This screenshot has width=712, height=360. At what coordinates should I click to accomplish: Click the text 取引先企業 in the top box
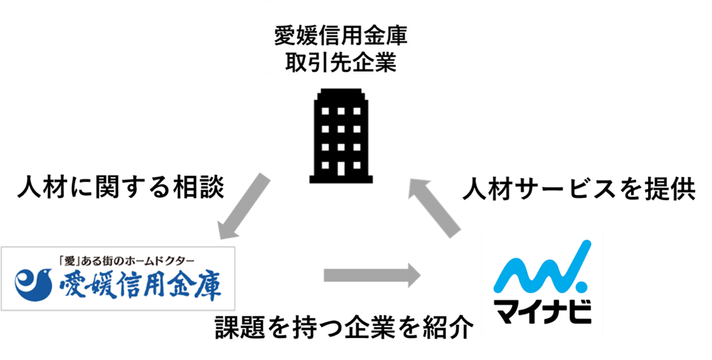point(341,62)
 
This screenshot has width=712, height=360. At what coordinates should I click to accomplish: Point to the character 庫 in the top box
point(397,37)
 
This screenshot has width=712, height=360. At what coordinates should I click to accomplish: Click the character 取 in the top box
point(295,62)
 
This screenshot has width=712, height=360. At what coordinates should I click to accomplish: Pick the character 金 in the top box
point(374,37)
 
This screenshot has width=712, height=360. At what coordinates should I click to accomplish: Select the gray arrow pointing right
point(371,275)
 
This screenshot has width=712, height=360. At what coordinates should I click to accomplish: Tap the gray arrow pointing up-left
point(435,206)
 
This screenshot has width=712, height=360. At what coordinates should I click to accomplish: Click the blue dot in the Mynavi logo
point(580,287)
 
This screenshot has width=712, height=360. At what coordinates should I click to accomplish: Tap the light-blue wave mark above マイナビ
point(536,270)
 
